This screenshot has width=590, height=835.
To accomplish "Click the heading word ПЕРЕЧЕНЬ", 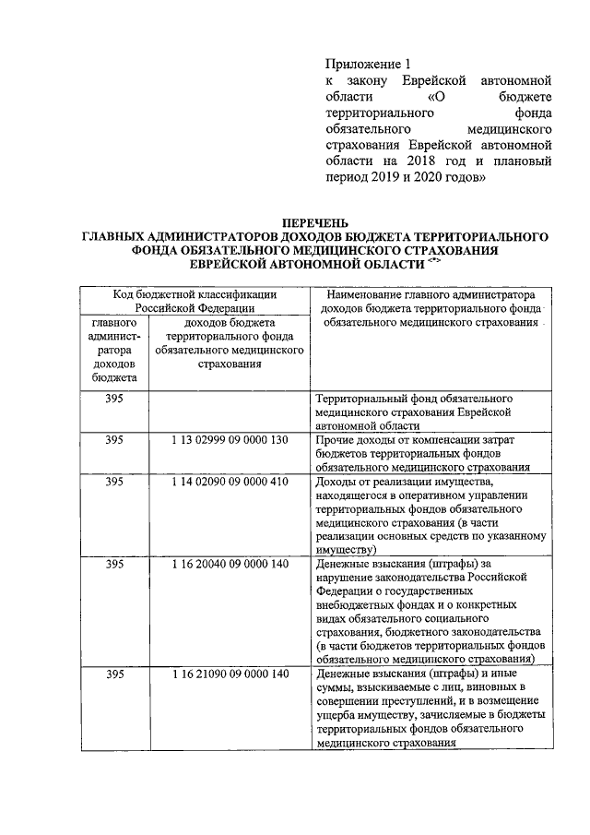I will coord(315,221).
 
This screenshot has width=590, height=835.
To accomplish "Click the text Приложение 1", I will coord(367,65).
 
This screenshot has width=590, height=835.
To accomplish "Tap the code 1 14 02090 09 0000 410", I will coord(230,481).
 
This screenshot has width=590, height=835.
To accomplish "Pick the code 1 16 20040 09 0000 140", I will coord(230,563).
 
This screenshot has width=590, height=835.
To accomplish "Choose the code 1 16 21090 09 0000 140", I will coord(230,674).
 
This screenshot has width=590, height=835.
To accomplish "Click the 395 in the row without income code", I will coord(114,399).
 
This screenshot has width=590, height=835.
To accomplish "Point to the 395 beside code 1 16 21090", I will coord(114,674).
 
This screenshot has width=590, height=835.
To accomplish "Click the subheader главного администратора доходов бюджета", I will coord(114,351).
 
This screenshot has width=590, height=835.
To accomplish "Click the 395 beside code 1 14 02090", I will coord(114,481).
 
